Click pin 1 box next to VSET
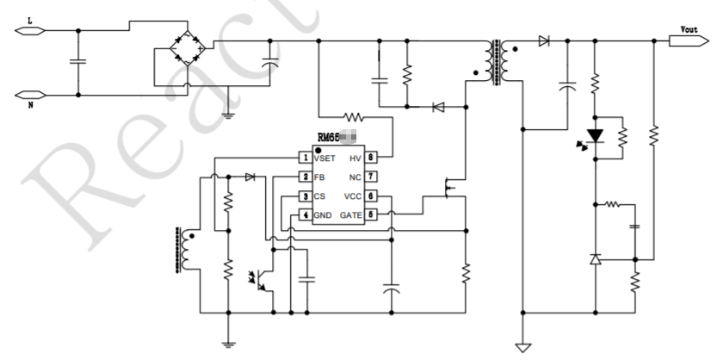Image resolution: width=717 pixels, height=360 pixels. (305, 158)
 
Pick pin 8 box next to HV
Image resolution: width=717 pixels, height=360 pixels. (371, 158)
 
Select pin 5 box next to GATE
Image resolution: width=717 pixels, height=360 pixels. (371, 214)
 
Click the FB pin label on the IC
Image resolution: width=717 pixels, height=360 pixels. (320, 177)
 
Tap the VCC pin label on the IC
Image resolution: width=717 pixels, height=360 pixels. (352, 196)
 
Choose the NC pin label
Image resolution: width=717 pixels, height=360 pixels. (355, 177)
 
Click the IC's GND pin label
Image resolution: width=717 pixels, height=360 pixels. (323, 214)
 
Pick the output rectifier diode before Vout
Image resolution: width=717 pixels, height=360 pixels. (544, 40)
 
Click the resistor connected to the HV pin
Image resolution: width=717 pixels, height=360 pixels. (353, 115)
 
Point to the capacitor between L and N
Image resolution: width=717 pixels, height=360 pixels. (78, 62)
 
